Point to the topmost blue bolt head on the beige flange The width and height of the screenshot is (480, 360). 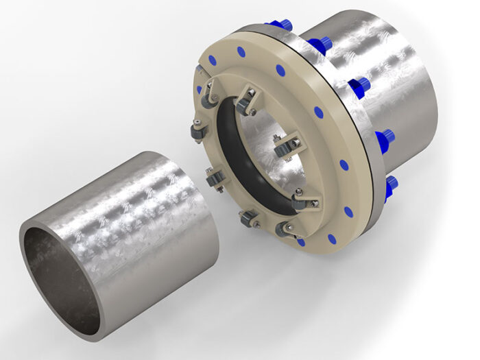[x=241, y=50]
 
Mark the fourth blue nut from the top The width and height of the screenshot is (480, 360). [x=385, y=136]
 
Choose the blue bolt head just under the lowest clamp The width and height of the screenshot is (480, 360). [x=300, y=241]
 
